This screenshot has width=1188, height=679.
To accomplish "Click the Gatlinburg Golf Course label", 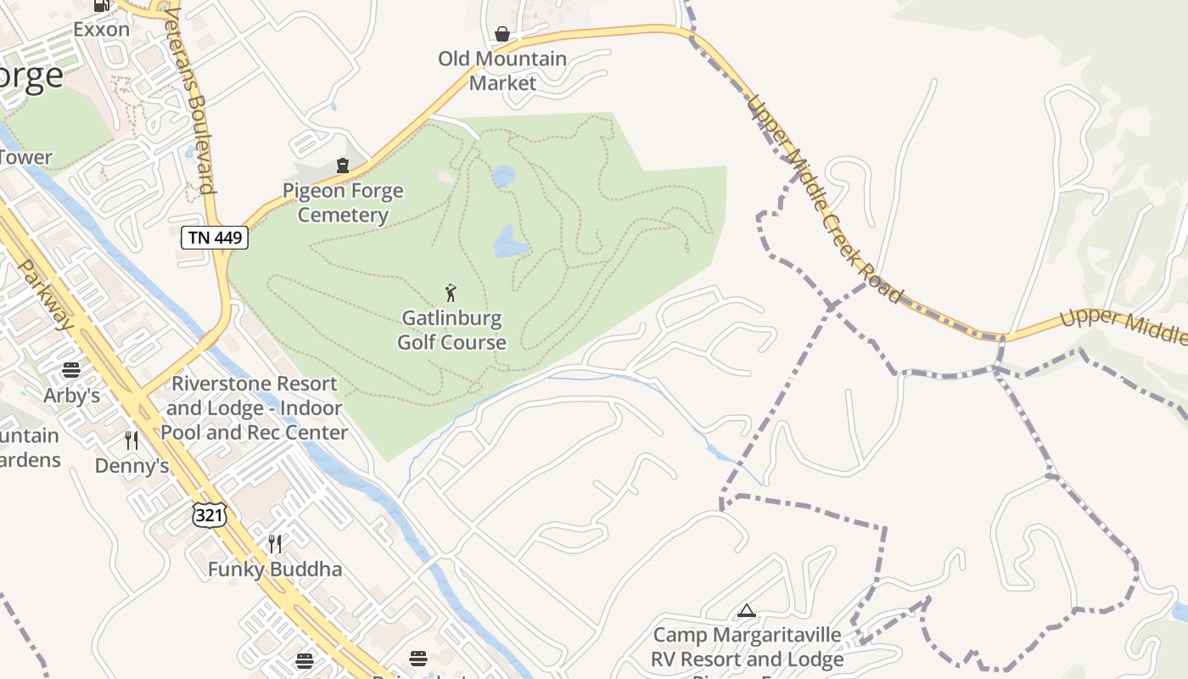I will (451, 331).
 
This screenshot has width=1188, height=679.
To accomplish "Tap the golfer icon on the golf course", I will (451, 293).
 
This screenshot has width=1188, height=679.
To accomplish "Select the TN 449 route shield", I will (215, 238).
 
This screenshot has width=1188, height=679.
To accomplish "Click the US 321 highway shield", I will (210, 513).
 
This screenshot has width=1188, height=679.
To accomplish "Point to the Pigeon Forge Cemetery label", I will (343, 203).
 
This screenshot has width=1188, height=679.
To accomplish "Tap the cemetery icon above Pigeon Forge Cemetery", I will (343, 165).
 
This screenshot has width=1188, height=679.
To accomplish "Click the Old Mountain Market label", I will (502, 70).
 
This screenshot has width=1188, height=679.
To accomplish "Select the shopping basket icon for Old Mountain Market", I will (502, 34).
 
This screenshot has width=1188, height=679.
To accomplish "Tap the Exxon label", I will (101, 29).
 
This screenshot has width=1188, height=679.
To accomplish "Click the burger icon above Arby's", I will (71, 370).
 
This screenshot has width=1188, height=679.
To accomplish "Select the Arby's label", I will (72, 396).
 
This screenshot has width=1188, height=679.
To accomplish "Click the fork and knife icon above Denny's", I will (132, 440).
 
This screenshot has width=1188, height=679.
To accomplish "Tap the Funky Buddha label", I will (275, 570).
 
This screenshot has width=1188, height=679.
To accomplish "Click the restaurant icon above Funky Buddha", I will (275, 543).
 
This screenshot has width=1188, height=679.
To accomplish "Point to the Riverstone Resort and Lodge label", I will (255, 408).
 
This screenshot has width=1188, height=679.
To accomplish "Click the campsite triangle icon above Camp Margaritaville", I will (746, 610).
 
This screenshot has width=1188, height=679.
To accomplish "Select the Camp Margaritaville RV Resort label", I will (747, 648).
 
